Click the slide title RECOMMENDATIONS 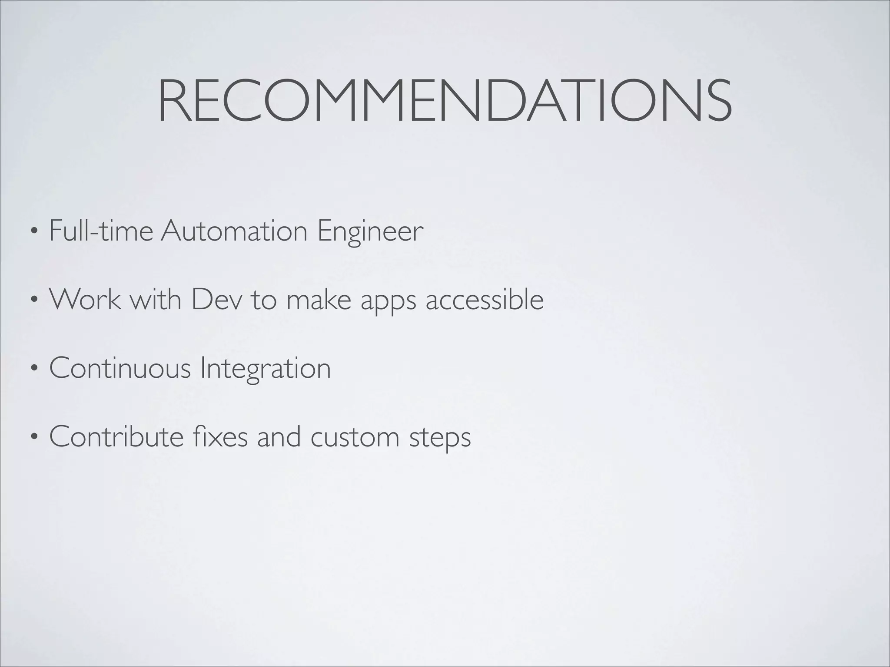(445, 101)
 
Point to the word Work (85, 299)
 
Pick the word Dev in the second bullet (216, 299)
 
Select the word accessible (485, 299)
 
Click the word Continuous (120, 368)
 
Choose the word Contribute (116, 436)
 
